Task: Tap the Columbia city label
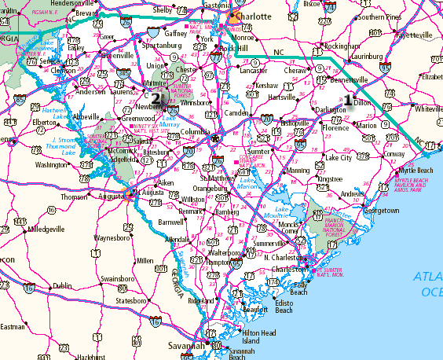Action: [x=197, y=132]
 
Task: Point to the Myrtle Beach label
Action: [x=416, y=171]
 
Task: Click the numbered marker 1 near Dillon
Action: [x=346, y=100]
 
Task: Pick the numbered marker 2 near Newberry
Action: [x=156, y=99]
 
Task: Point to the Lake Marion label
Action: [x=248, y=183]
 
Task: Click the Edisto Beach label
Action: [x=284, y=307]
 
